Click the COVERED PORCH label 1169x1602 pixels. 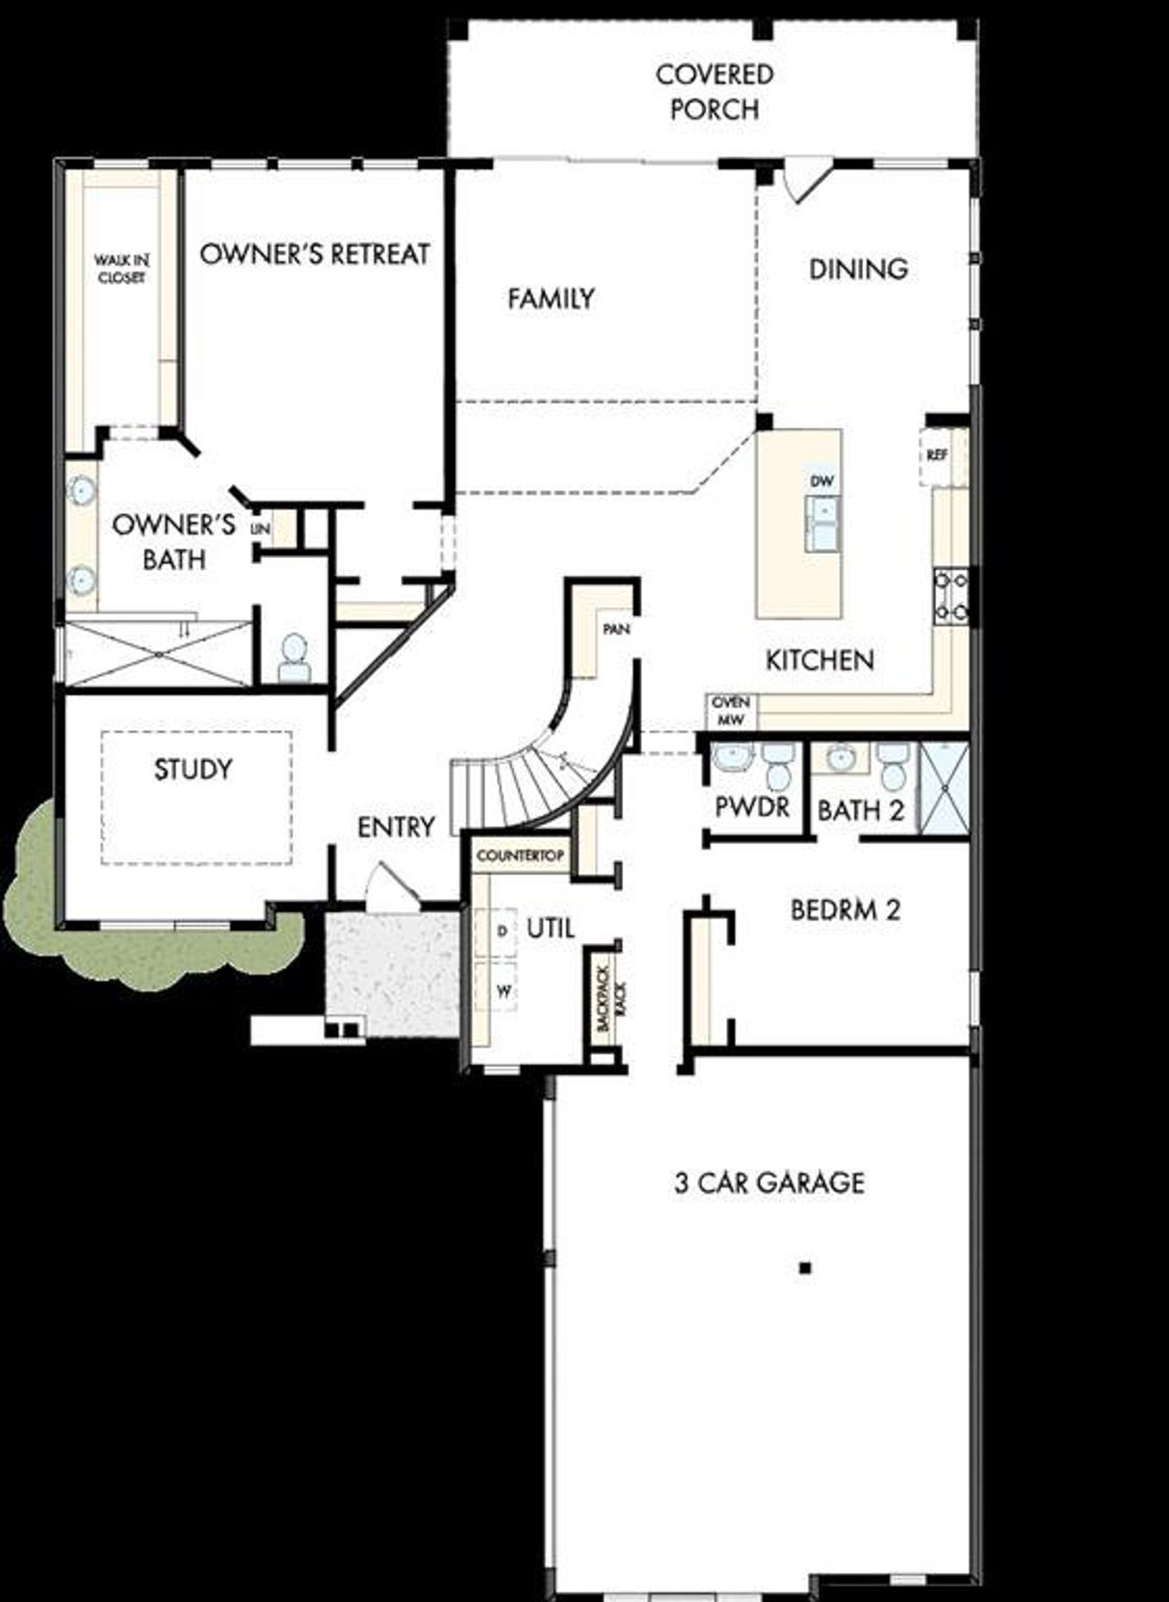click(714, 91)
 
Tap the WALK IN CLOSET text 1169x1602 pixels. click(121, 269)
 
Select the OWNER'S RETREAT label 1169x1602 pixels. click(314, 254)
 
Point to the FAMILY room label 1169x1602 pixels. click(551, 298)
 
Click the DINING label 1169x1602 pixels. click(858, 268)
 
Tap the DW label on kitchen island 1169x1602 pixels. click(822, 480)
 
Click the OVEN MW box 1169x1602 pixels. click(731, 711)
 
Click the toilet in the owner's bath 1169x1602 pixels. click(293, 658)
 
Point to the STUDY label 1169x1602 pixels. click(193, 770)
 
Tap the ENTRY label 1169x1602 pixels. click(395, 827)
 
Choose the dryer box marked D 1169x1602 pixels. click(501, 931)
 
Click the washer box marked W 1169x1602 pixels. click(502, 990)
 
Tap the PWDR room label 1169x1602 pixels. click(753, 807)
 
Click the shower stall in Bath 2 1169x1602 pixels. click(943, 788)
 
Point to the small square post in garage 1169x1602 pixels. click(805, 1267)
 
